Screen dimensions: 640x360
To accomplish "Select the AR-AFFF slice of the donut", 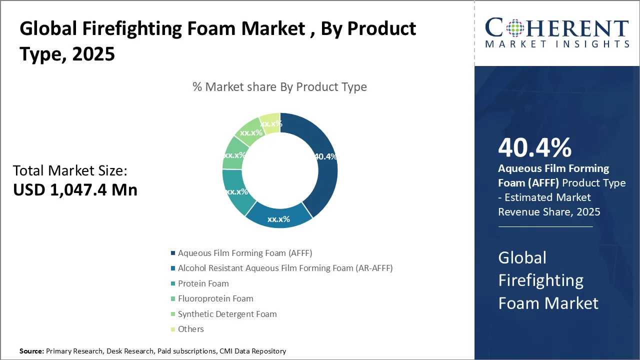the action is click(x=279, y=217).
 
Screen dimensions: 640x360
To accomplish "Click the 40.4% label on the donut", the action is click(x=325, y=156).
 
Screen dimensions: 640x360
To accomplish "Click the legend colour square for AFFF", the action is click(x=173, y=253).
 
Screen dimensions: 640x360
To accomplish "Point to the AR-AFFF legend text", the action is click(x=285, y=268).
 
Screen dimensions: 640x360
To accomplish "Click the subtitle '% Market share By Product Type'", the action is click(x=279, y=87).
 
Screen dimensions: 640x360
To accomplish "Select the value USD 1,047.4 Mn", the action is click(x=75, y=189).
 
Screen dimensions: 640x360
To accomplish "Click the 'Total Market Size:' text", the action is click(x=70, y=170).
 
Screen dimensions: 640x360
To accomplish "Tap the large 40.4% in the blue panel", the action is click(x=535, y=147).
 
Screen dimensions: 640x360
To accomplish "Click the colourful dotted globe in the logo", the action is click(x=515, y=28).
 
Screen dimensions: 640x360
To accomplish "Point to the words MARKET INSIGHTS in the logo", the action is click(x=557, y=44).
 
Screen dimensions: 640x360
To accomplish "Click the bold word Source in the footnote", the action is click(x=31, y=351).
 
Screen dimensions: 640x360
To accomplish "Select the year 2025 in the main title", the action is click(x=93, y=54).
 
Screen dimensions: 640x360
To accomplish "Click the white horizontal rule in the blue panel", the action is click(x=545, y=227).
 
